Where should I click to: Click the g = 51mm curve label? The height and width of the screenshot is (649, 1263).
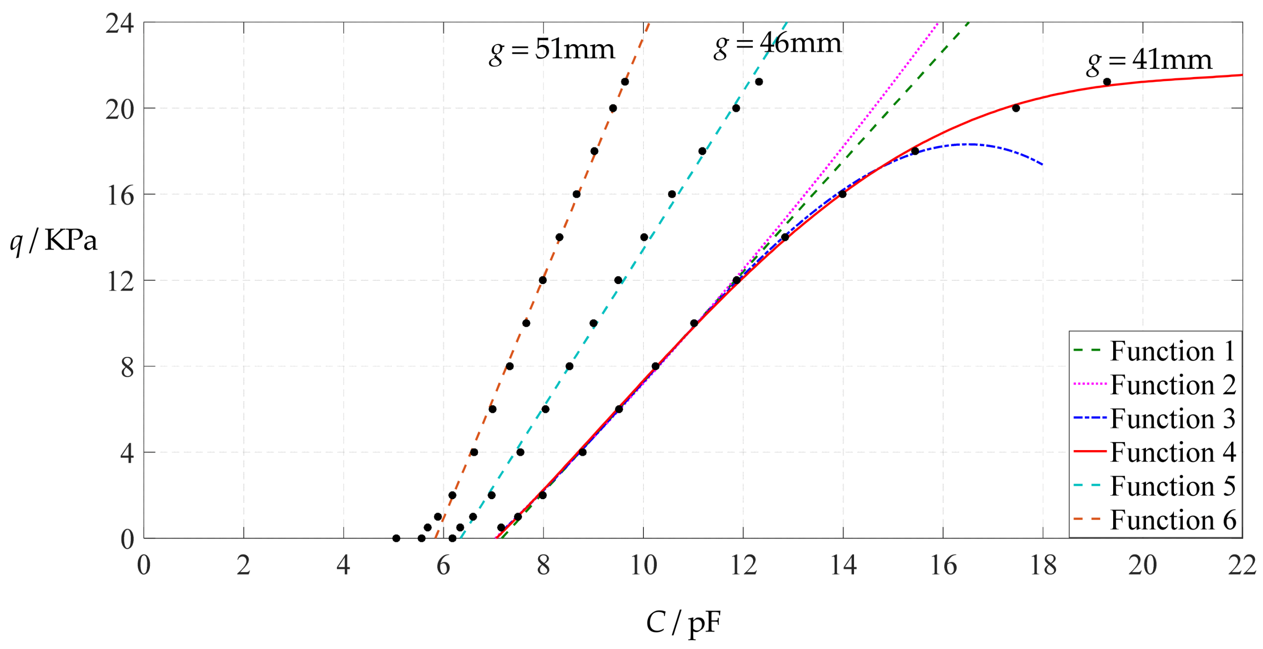pyautogui.click(x=552, y=51)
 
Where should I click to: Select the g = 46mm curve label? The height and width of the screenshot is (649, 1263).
pyautogui.click(x=778, y=45)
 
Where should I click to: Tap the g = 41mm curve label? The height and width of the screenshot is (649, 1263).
pyautogui.click(x=1149, y=62)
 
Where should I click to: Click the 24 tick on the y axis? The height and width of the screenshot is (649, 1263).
pyautogui.click(x=120, y=23)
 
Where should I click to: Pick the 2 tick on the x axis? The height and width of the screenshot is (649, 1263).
pyautogui.click(x=244, y=566)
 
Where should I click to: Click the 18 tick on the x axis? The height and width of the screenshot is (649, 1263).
pyautogui.click(x=1043, y=566)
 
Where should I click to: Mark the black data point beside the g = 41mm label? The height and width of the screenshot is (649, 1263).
pyautogui.click(x=1106, y=82)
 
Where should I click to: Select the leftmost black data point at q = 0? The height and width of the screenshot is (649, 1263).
pyautogui.click(x=396, y=538)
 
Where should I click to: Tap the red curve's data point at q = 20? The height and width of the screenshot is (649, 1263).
pyautogui.click(x=1016, y=108)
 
